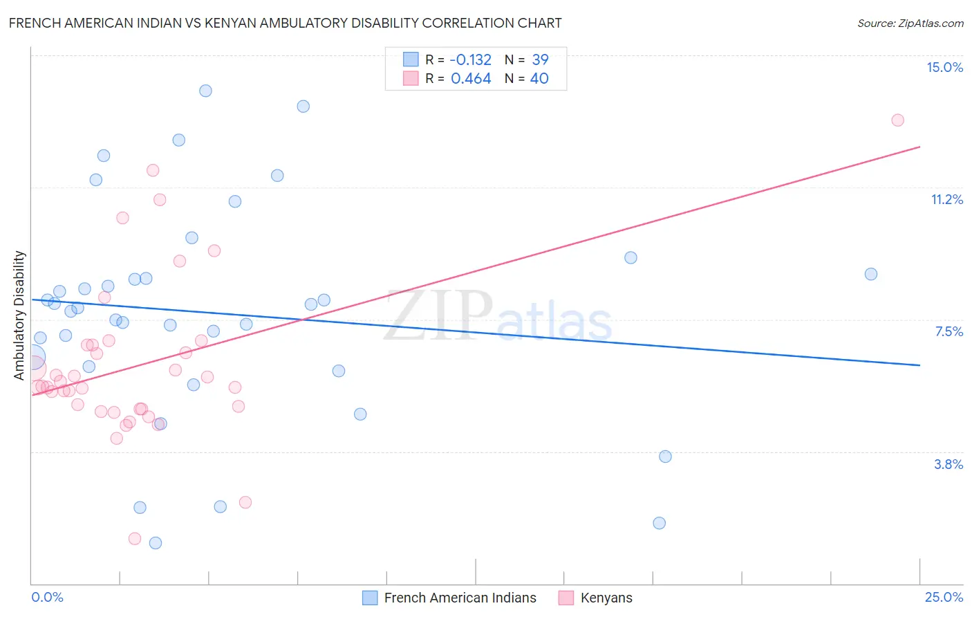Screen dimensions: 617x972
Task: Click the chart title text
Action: point(285,23)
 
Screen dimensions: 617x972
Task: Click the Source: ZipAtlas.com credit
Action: point(910,23)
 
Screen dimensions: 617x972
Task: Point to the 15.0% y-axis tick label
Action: point(944,67)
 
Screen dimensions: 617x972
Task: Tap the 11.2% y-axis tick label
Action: point(946,199)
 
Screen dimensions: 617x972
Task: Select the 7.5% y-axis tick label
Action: point(948,331)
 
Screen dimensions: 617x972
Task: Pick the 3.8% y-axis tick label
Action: point(948,464)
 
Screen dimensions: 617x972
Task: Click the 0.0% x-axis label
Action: point(47,597)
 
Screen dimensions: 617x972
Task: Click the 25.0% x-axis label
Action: point(944,597)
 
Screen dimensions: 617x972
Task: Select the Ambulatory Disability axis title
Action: point(19,315)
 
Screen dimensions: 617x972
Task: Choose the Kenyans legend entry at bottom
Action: point(606,598)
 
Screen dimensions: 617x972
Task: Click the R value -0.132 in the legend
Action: point(471,59)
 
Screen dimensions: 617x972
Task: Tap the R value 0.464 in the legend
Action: point(471,78)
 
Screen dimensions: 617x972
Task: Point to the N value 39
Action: point(540,59)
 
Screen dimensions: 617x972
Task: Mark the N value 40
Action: point(539,78)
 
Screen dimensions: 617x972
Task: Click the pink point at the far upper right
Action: point(897,120)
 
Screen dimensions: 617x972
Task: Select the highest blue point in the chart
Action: point(205,91)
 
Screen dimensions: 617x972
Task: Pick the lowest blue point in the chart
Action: point(156,543)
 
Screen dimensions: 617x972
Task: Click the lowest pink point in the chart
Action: point(135,538)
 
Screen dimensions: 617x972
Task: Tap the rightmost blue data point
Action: point(871,274)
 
